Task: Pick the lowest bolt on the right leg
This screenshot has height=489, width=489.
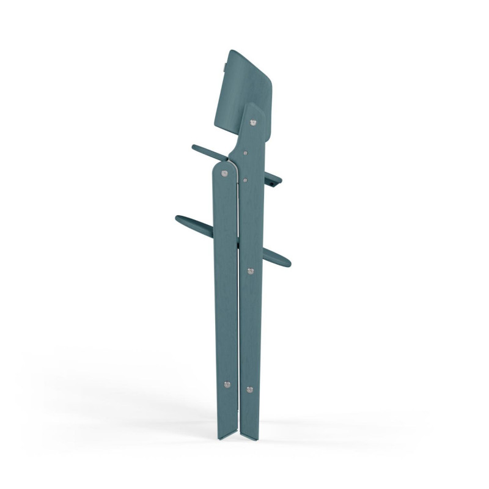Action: click(x=249, y=388)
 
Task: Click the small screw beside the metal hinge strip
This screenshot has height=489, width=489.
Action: click(x=244, y=179)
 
